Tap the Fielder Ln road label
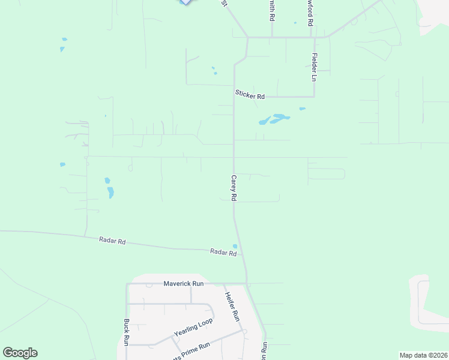(313, 67)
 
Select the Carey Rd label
(234, 188)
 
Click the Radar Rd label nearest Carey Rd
(223, 253)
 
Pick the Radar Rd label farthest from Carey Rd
(112, 241)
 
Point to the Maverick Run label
(184, 283)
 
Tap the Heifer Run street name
(232, 305)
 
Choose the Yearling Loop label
(193, 327)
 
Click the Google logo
(20, 353)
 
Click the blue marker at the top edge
(186, 2)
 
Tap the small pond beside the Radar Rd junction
(235, 245)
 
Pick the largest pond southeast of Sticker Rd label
(279, 118)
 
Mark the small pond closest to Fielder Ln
(302, 109)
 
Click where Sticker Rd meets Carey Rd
(234, 97)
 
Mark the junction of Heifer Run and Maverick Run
(247, 283)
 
